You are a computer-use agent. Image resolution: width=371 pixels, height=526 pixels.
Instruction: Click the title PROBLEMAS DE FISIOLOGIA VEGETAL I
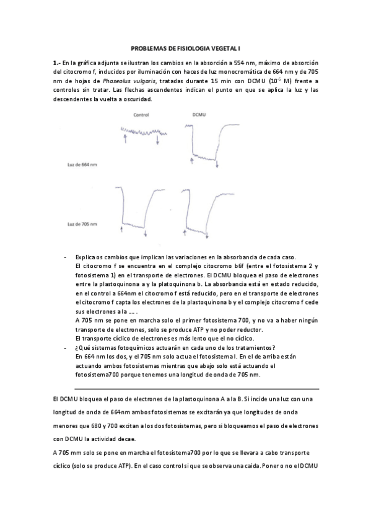pyautogui.click(x=185, y=48)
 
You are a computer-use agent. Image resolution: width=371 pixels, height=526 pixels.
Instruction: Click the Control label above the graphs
pyautogui.click(x=142, y=115)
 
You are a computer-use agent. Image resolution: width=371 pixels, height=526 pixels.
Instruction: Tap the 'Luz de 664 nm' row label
pyautogui.click(x=82, y=165)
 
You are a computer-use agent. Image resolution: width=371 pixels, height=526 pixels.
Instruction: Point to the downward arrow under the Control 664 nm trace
pyautogui.click(x=158, y=141)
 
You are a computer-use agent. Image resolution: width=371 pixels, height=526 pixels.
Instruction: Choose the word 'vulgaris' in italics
pyautogui.click(x=168, y=81)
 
